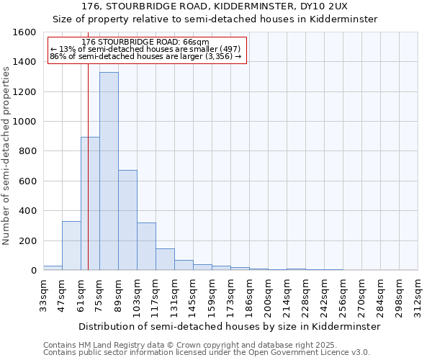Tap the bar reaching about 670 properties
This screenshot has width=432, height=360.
coord(127,220)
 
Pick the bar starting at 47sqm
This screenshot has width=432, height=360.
coord(71,246)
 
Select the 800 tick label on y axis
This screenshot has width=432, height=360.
coord(27,151)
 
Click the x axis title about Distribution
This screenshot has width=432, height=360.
coord(229,326)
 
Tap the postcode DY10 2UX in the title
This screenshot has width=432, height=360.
coord(321,6)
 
